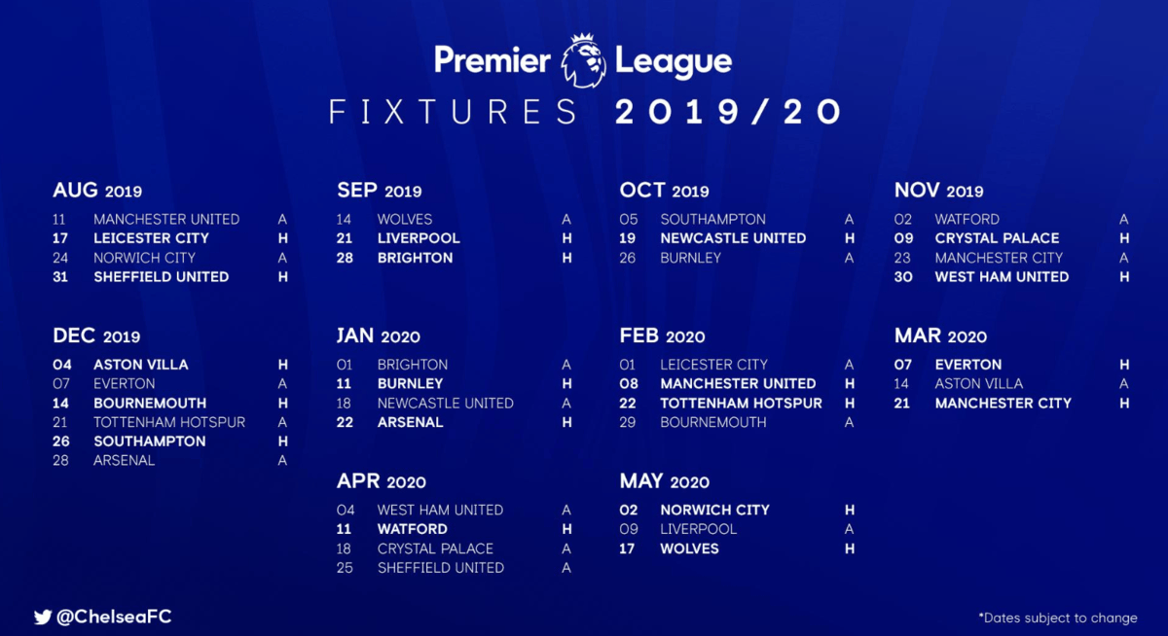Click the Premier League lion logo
[x=583, y=60]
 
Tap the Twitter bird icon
[x=43, y=618]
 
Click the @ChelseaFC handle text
[x=114, y=617]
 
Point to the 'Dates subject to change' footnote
[x=1058, y=618]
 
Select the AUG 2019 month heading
[x=97, y=191]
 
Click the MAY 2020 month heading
[x=664, y=481]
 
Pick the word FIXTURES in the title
[x=453, y=112]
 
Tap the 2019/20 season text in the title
[x=728, y=112]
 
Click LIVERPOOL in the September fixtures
[x=419, y=238]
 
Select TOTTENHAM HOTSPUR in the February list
[x=741, y=404]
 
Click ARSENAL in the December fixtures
[x=125, y=460]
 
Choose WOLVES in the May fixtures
[x=689, y=548]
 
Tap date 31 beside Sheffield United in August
[x=60, y=277]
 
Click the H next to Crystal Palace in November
[x=1124, y=238]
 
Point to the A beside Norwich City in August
[x=282, y=258]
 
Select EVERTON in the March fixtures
[x=968, y=365]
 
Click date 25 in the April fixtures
[x=345, y=568]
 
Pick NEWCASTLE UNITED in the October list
[x=733, y=238]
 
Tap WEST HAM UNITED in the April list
[x=440, y=510]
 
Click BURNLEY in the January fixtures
[x=411, y=384]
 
